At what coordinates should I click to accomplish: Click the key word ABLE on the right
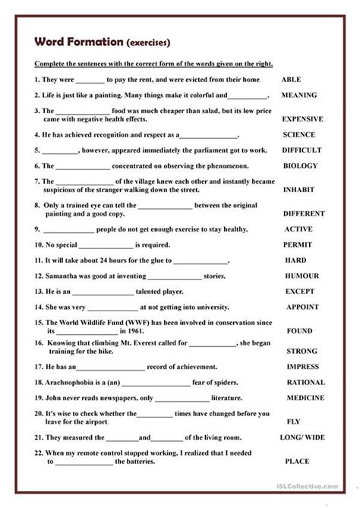(292, 80)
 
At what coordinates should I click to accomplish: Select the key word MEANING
(298, 96)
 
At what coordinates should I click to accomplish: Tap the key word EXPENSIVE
(302, 119)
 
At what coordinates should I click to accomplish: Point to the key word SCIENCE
(298, 134)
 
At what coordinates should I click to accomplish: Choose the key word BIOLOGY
(300, 166)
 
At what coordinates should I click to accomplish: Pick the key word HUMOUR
(302, 276)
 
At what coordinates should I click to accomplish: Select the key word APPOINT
(302, 308)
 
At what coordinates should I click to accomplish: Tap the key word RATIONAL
(305, 383)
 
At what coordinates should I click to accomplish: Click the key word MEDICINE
(305, 398)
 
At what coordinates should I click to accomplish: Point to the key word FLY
(293, 421)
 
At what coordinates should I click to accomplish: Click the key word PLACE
(297, 461)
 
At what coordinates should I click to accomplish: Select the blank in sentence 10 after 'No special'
(113, 245)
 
